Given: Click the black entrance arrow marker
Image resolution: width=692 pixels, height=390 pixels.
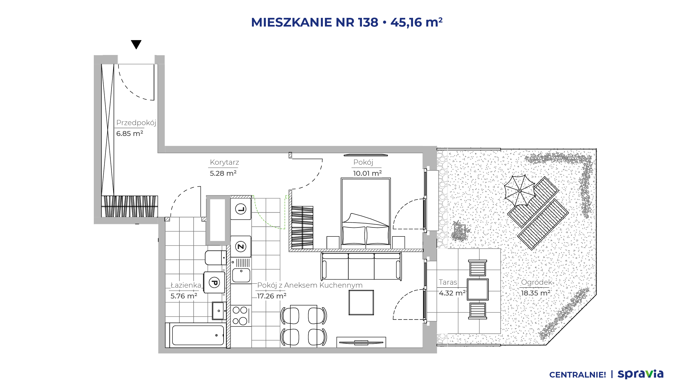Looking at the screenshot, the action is pyautogui.click(x=136, y=44).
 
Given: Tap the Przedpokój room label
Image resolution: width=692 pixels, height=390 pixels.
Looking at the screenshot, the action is pyautogui.click(x=136, y=123).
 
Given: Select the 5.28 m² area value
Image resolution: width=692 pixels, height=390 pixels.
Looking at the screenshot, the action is pyautogui.click(x=223, y=173).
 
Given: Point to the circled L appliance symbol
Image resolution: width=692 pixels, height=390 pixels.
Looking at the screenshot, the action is pyautogui.click(x=241, y=209).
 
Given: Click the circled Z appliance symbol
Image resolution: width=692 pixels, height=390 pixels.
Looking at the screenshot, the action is pyautogui.click(x=241, y=247).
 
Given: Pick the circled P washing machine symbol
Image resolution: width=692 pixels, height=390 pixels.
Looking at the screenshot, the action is pyautogui.click(x=214, y=283).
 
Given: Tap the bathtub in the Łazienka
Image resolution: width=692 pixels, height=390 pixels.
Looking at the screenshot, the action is pyautogui.click(x=198, y=335).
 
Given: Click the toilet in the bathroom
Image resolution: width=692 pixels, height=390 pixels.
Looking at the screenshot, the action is pyautogui.click(x=216, y=258).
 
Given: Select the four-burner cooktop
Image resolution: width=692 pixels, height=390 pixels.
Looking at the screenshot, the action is pyautogui.click(x=240, y=316).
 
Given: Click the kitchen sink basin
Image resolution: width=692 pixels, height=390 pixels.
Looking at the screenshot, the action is pyautogui.click(x=241, y=275).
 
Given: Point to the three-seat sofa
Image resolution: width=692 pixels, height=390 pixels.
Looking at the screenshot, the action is pyautogui.click(x=361, y=266).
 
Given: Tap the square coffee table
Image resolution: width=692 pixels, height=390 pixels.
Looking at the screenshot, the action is pyautogui.click(x=361, y=303).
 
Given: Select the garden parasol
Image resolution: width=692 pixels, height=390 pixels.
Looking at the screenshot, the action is pyautogui.click(x=520, y=191).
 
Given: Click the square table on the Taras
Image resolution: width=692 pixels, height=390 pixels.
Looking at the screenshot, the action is pyautogui.click(x=478, y=290).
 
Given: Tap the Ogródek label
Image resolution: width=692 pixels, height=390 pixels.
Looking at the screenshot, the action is pyautogui.click(x=537, y=282).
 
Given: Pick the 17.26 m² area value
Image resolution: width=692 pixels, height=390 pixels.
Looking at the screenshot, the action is pyautogui.click(x=272, y=296).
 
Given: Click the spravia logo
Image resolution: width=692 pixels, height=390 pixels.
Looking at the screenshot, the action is pyautogui.click(x=640, y=374).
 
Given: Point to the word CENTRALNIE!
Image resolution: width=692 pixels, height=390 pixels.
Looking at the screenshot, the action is pyautogui.click(x=578, y=375).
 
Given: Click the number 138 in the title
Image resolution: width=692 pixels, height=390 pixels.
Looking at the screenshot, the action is pyautogui.click(x=368, y=22).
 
